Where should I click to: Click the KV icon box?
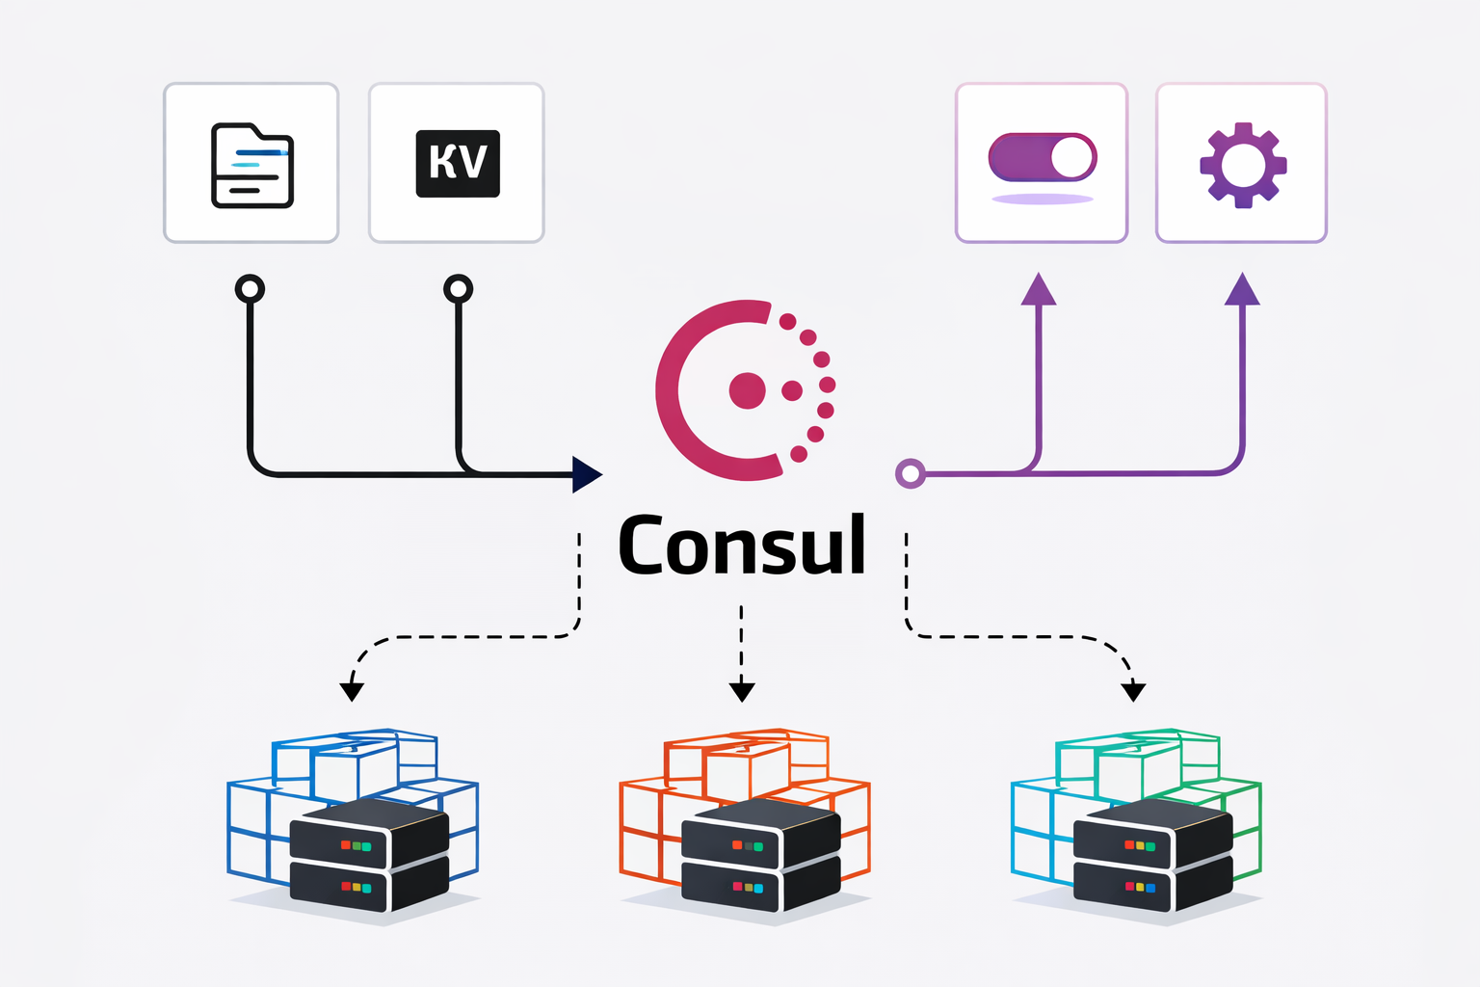[458, 163]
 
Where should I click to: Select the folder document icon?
[251, 165]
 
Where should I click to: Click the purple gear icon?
[1242, 165]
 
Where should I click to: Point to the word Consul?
[742, 546]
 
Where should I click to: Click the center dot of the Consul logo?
[747, 390]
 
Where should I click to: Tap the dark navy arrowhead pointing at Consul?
[586, 474]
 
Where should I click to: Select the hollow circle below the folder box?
[251, 288]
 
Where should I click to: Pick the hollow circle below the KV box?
[458, 288]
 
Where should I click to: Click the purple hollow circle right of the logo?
[911, 473]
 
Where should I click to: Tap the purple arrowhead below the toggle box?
[1039, 289]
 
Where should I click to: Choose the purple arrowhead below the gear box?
[1242, 289]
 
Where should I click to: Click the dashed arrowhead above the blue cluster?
[352, 690]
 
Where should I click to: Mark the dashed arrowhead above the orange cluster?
[741, 690]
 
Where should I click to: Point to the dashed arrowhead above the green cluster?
[1134, 690]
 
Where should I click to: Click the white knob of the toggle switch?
[1071, 157]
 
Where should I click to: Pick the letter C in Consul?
[646, 546]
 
